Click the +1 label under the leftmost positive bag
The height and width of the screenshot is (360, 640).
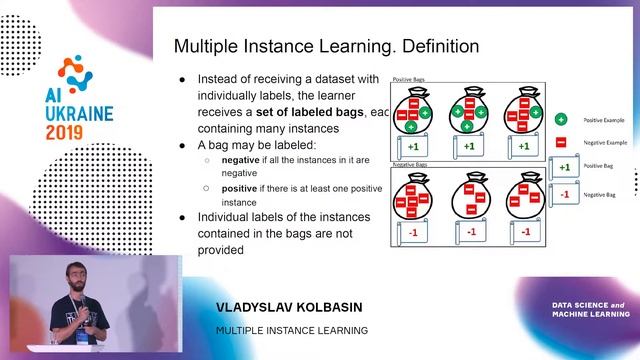412,146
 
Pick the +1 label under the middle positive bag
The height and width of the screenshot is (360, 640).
468,146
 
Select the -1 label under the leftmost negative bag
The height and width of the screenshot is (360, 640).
412,232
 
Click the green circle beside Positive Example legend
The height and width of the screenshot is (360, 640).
562,120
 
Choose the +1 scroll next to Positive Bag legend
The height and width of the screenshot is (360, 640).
564,167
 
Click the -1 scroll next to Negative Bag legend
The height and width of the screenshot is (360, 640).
564,194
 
